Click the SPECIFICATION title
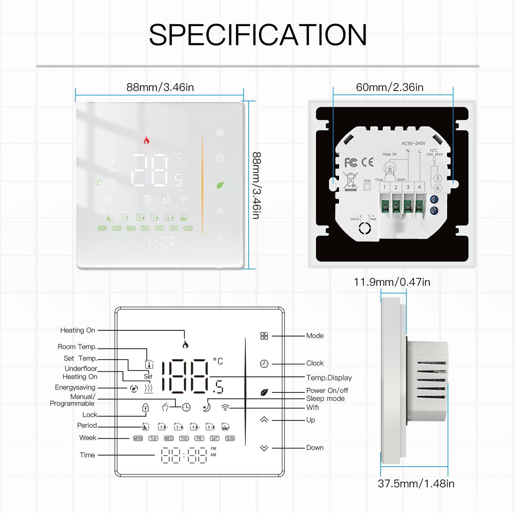pyautogui.click(x=258, y=35)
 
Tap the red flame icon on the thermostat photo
pyautogui.click(x=146, y=140)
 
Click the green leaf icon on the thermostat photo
pyautogui.click(x=220, y=185)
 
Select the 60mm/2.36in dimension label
pyautogui.click(x=390, y=87)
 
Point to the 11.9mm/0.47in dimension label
pyautogui.click(x=392, y=282)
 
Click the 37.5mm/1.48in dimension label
pyautogui.click(x=416, y=484)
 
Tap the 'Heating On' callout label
pyautogui.click(x=77, y=330)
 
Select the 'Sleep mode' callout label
pyautogui.click(x=325, y=399)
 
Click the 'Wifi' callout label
pyautogui.click(x=312, y=407)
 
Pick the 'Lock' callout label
pyautogui.click(x=90, y=415)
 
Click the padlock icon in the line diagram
pyautogui.click(x=145, y=407)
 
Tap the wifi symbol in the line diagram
pyautogui.click(x=225, y=407)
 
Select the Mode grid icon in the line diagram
pyautogui.click(x=264, y=336)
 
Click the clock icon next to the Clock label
pyautogui.click(x=264, y=364)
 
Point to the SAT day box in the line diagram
pyautogui.click(x=215, y=439)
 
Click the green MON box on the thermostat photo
pyautogui.click(x=102, y=228)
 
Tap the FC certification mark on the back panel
pyautogui.click(x=351, y=162)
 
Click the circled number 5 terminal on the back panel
pyautogui.click(x=438, y=179)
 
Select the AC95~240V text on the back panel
pyautogui.click(x=413, y=144)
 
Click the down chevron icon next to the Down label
pyautogui.click(x=264, y=448)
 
